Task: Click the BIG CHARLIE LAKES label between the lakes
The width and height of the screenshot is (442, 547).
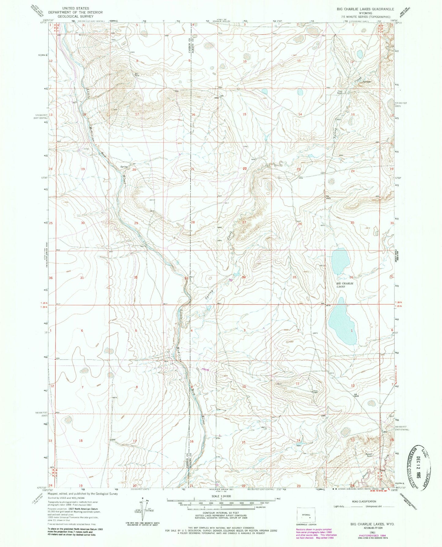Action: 345,285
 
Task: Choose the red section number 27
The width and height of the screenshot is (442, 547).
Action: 244,223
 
